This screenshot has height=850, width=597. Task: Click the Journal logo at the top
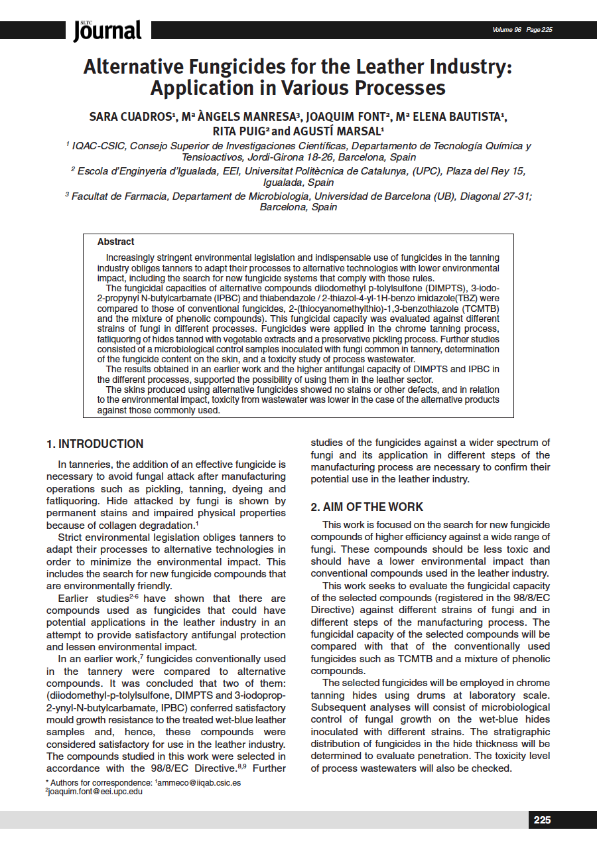(x=107, y=30)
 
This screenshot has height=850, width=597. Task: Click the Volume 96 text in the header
(x=507, y=30)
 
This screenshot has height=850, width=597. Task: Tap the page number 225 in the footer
(x=542, y=820)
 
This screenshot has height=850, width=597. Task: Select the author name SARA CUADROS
(x=131, y=117)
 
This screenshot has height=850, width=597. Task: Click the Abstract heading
(x=115, y=242)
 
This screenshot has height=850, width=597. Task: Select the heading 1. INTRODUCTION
(x=95, y=444)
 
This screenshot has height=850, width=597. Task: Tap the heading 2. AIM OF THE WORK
(x=367, y=507)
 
